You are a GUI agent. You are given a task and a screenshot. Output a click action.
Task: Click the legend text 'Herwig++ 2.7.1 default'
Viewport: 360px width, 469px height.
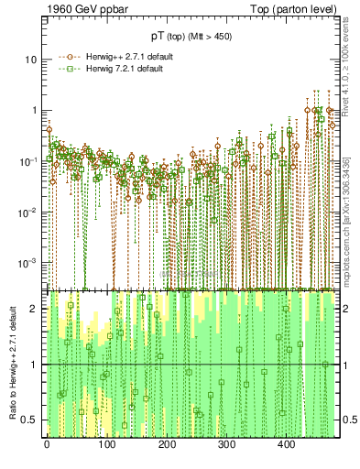click(117, 56)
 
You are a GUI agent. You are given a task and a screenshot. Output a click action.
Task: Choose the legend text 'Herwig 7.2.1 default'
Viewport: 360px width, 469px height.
click(115, 69)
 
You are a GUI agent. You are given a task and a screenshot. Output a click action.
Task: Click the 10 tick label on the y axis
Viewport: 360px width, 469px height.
click(30, 60)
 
